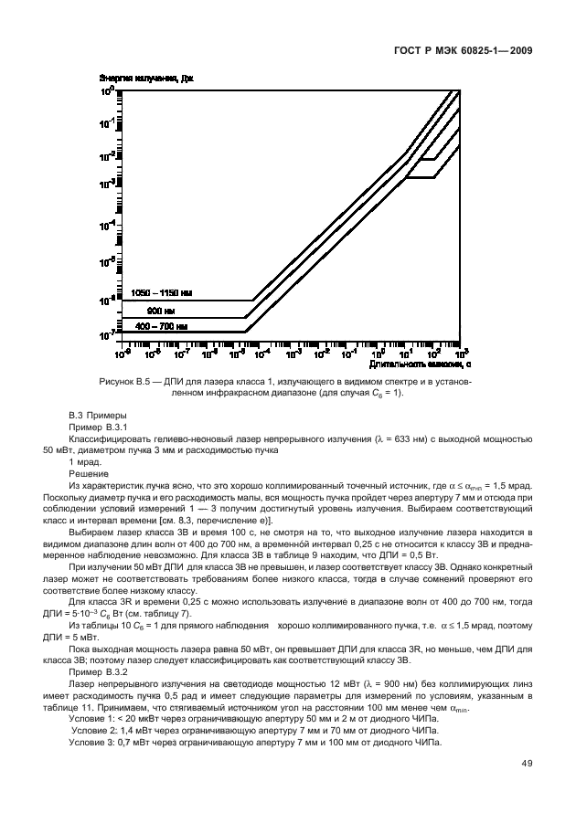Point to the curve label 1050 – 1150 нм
click(x=160, y=293)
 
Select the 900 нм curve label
click(x=161, y=310)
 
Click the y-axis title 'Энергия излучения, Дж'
click(x=148, y=79)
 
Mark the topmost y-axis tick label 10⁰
click(x=107, y=92)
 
